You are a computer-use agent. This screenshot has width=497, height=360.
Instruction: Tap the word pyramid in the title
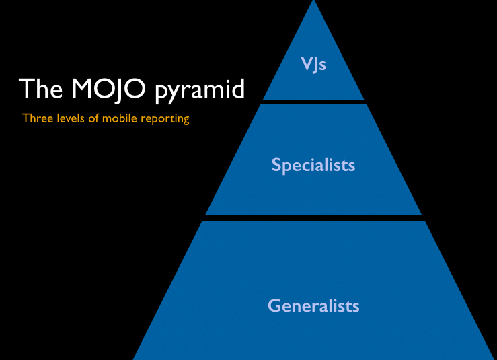pyautogui.click(x=200, y=91)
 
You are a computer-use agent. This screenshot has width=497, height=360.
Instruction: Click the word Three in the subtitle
pyautogui.click(x=36, y=118)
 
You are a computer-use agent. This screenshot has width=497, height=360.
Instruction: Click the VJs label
pyautogui.click(x=313, y=66)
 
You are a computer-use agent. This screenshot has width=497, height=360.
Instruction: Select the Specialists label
pyautogui.click(x=313, y=165)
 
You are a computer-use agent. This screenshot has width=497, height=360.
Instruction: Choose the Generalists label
pyautogui.click(x=313, y=305)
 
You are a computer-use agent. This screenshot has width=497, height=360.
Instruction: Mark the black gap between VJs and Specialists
pyautogui.click(x=313, y=102)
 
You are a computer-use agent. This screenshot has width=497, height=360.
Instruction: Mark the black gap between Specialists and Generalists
pyautogui.click(x=313, y=217)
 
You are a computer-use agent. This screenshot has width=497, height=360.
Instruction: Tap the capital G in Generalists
pyautogui.click(x=274, y=305)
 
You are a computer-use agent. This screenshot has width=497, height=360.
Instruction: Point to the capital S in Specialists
pyautogui.click(x=276, y=165)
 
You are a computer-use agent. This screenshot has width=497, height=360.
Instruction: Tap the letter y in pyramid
pyautogui.click(x=174, y=92)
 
